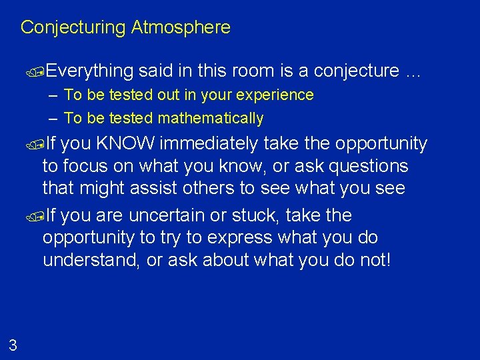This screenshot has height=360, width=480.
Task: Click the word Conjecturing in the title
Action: tap(73, 27)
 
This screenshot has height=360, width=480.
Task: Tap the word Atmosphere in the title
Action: tap(181, 27)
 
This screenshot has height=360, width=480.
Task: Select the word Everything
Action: tap(91, 71)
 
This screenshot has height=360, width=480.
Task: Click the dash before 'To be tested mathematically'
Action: tap(53, 119)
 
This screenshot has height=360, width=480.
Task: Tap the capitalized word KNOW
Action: tap(125, 143)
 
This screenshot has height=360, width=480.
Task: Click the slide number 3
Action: tap(13, 345)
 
